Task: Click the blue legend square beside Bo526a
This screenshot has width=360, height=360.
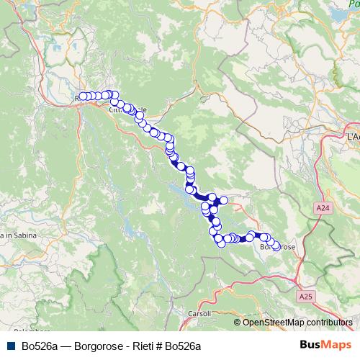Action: coord(11,346)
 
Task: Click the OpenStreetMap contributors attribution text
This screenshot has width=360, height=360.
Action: coord(297,322)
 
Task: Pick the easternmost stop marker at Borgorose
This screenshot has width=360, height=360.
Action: coord(276,247)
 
